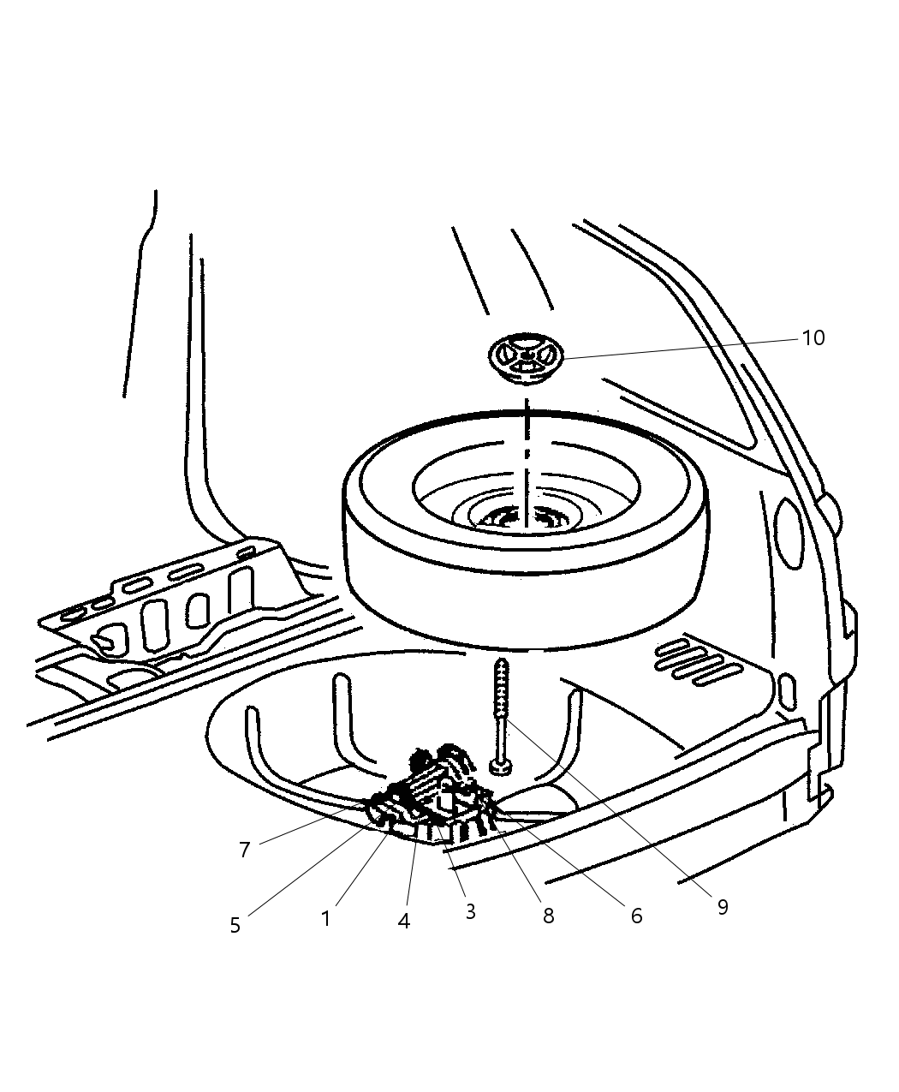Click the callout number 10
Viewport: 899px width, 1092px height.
[x=813, y=338]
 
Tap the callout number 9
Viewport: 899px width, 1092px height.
[x=722, y=907]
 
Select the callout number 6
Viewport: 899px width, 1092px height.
[x=635, y=916]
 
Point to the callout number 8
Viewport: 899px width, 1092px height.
[x=548, y=916]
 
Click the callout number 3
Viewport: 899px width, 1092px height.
[x=470, y=911]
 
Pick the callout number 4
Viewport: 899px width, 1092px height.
[x=404, y=921]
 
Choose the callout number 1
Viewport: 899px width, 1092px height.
[x=325, y=918]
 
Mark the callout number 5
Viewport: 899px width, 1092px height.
[x=235, y=925]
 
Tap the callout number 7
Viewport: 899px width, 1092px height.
[x=244, y=850]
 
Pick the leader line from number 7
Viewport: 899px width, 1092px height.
[x=308, y=824]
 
